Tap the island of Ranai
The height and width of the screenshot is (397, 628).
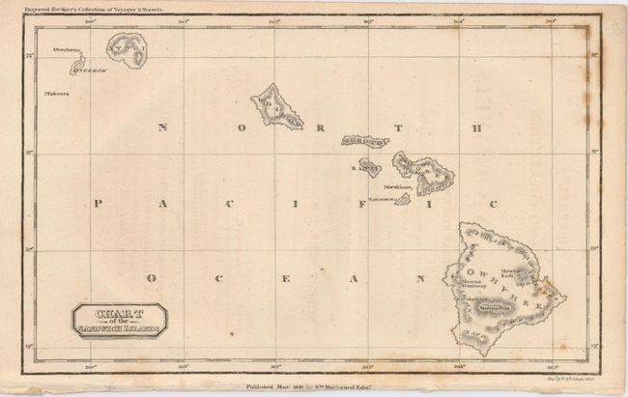pyautogui.click(x=370, y=168)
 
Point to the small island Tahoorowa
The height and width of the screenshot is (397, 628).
pyautogui.click(x=401, y=199)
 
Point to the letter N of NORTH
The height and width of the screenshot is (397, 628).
pyautogui.click(x=162, y=128)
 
